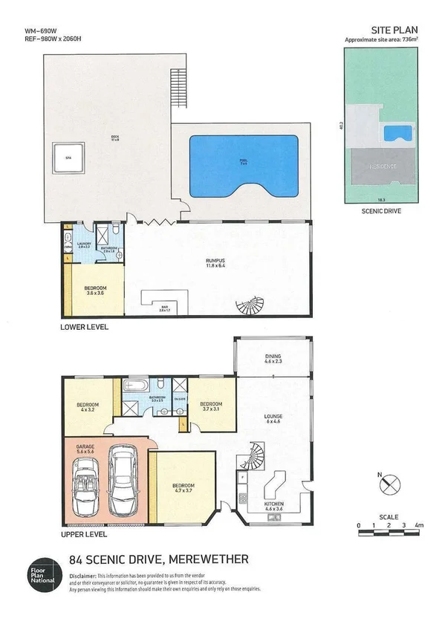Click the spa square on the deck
[x=67, y=157]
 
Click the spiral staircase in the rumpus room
[x=247, y=305]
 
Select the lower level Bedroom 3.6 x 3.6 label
[x=94, y=289]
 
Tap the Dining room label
[x=273, y=360]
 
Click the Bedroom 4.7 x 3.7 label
[x=183, y=488]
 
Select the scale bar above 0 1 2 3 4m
[x=388, y=519]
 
